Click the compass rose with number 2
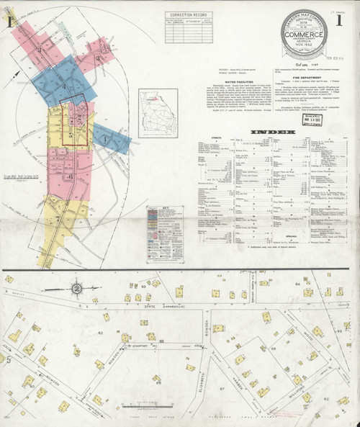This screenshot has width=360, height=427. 75,288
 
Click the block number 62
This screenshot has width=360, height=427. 101,332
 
